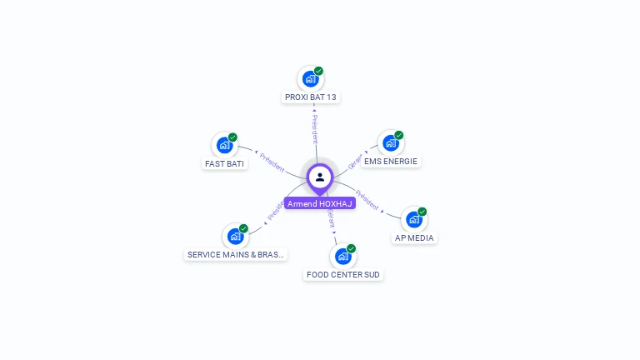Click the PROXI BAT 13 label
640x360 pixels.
(x=311, y=97)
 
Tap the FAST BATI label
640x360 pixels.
(x=224, y=164)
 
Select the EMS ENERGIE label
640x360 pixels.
(x=391, y=162)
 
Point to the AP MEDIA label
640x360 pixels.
(x=414, y=238)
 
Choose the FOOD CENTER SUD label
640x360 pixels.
(x=343, y=274)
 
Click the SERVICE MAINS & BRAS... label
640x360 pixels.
(x=236, y=255)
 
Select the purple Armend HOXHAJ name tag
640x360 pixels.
(x=320, y=203)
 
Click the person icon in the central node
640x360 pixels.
(x=320, y=177)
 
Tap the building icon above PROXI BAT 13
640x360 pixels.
(x=311, y=79)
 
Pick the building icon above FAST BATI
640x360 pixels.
(x=224, y=145)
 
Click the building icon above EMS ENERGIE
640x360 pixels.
(x=390, y=143)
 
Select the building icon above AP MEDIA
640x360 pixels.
(x=414, y=219)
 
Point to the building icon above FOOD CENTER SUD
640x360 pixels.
(x=342, y=256)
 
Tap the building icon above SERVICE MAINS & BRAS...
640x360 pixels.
(x=236, y=237)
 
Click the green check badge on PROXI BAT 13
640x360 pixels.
(x=318, y=71)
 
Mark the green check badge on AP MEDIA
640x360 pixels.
(x=422, y=212)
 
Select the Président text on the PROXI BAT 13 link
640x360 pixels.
(x=314, y=128)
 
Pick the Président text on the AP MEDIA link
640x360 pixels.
(x=367, y=200)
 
